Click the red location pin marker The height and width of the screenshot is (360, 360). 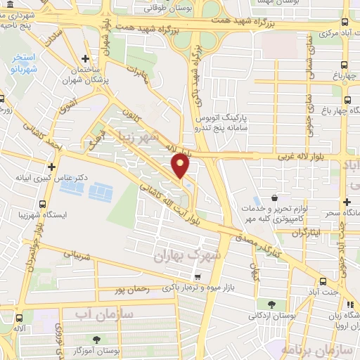[181, 167]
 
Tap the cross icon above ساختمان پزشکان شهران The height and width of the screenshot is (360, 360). [85, 59]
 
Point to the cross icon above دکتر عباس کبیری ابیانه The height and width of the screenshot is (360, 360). [51, 167]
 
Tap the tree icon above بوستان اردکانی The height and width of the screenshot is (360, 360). [271, 304]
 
